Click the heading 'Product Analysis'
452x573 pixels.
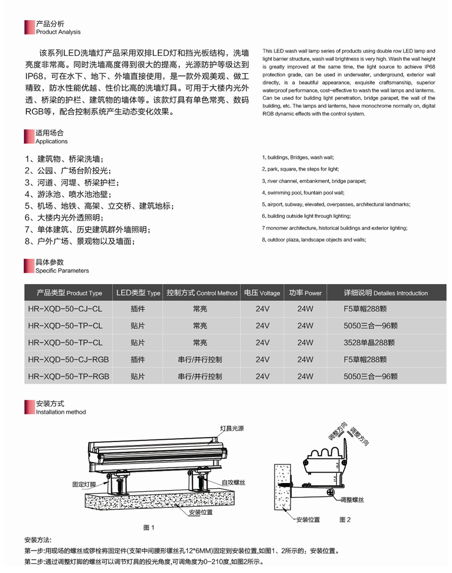point(58,32)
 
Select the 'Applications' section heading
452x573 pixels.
point(51,141)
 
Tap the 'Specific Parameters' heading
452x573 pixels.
point(62,270)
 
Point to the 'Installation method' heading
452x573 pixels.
point(61,412)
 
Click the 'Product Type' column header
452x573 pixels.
point(69,293)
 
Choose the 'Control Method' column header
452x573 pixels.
point(202,293)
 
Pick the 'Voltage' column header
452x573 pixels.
point(262,293)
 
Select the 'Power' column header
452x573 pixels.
point(305,293)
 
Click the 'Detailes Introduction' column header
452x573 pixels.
point(386,293)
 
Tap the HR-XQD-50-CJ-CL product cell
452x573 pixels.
point(65,309)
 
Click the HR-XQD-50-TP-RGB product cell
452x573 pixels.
point(68,376)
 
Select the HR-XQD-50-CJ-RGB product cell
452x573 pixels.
point(68,359)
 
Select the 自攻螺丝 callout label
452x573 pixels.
point(232,480)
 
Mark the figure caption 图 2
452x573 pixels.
point(345,520)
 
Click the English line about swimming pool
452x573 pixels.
point(303,193)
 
